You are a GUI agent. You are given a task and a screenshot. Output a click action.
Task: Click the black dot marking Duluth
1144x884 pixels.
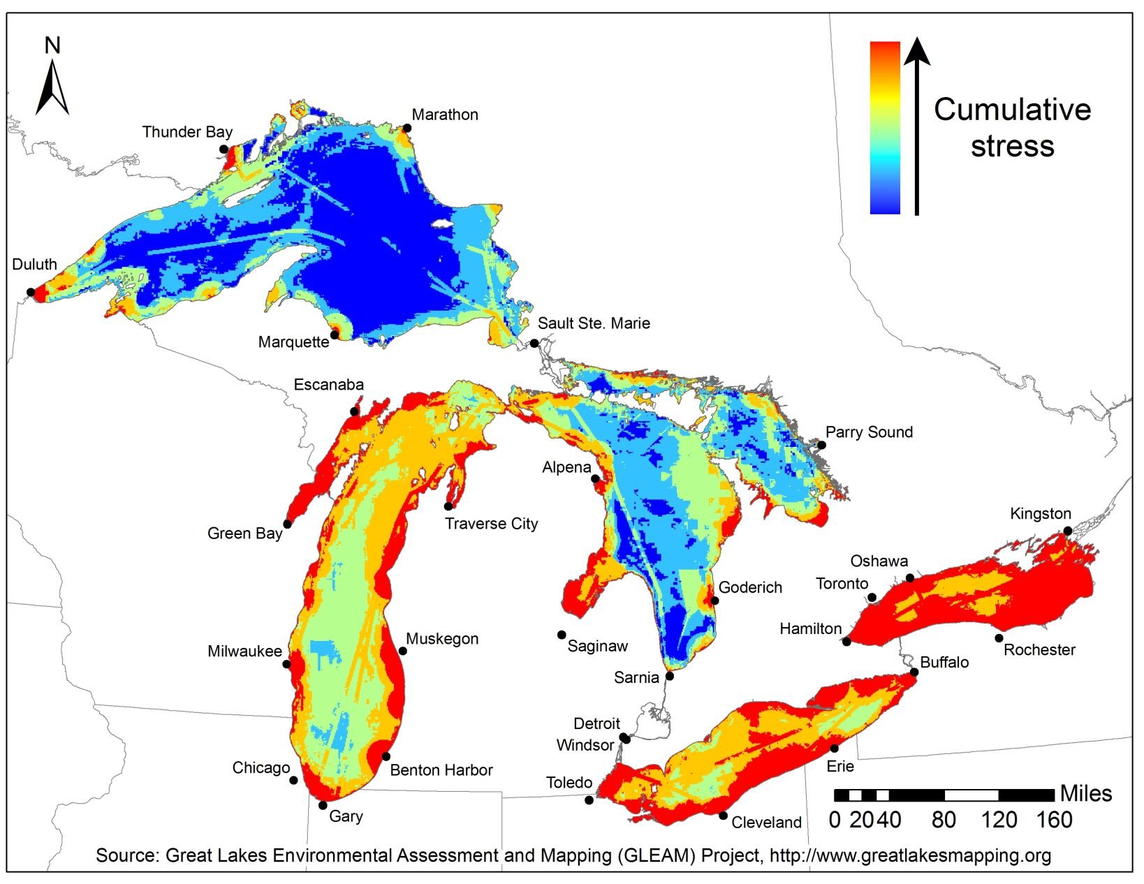click(x=31, y=292)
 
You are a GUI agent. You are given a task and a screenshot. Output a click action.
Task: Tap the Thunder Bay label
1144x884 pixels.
click(x=187, y=132)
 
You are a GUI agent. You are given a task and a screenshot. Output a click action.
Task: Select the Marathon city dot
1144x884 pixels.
click(x=405, y=128)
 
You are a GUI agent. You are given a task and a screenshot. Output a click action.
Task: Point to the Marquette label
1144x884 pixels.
click(x=293, y=342)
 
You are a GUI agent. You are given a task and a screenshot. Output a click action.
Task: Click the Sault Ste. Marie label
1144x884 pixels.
click(x=594, y=323)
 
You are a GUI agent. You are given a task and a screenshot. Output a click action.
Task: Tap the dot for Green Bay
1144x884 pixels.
click(x=287, y=524)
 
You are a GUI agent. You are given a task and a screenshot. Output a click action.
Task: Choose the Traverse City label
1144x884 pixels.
click(x=492, y=524)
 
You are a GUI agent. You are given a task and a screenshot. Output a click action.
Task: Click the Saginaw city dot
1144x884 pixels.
click(x=562, y=635)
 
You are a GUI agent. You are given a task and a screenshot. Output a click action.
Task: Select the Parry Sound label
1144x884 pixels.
click(x=869, y=432)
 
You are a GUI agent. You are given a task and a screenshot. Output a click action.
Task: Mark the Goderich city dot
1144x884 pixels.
click(x=714, y=601)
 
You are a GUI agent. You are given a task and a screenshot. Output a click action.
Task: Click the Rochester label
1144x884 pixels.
click(x=1039, y=650)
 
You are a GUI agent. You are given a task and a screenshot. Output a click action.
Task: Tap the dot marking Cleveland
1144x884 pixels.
click(x=723, y=816)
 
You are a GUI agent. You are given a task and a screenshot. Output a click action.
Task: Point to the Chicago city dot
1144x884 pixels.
click(x=294, y=781)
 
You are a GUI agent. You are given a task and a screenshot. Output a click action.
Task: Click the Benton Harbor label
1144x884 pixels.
click(x=441, y=770)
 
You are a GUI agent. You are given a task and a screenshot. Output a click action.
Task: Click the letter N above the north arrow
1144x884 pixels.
click(x=52, y=45)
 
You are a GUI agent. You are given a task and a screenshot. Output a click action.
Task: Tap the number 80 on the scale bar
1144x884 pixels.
click(x=944, y=820)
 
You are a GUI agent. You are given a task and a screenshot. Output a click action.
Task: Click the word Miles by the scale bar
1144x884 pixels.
click(x=1086, y=794)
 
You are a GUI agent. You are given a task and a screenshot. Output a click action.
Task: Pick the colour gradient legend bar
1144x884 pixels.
click(x=885, y=128)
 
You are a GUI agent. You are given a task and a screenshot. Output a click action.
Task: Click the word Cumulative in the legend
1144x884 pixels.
click(x=1012, y=110)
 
